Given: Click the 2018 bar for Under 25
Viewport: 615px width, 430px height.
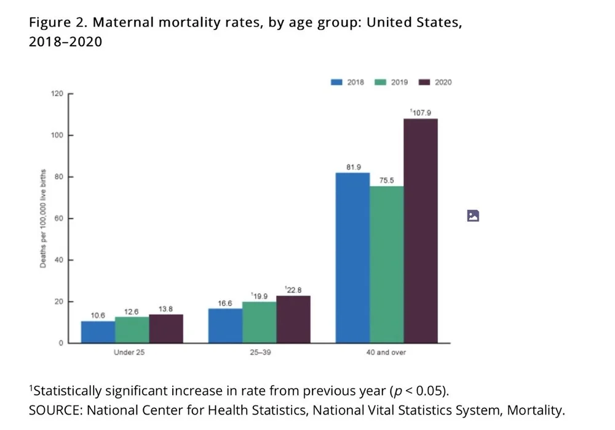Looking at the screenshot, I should point(98,332).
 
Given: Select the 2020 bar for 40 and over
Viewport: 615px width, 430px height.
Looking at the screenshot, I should point(421,230).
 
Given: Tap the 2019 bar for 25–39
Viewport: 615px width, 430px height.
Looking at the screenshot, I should point(259,322).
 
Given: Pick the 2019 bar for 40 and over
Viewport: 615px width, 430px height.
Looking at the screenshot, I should point(386,264).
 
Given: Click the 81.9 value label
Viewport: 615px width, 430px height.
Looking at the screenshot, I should point(353,166).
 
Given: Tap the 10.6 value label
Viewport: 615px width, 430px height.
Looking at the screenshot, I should point(98,315).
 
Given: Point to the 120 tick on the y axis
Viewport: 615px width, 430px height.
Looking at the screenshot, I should point(57,94).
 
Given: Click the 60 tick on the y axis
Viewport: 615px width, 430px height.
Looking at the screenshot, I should point(59,219).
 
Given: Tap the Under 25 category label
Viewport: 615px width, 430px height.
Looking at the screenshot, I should point(129,353).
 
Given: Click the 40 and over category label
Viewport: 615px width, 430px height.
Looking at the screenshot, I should point(386,353).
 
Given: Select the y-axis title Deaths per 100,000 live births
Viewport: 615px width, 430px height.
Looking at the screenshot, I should point(43,219).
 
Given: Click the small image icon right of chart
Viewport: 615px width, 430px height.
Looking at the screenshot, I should point(473,216).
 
